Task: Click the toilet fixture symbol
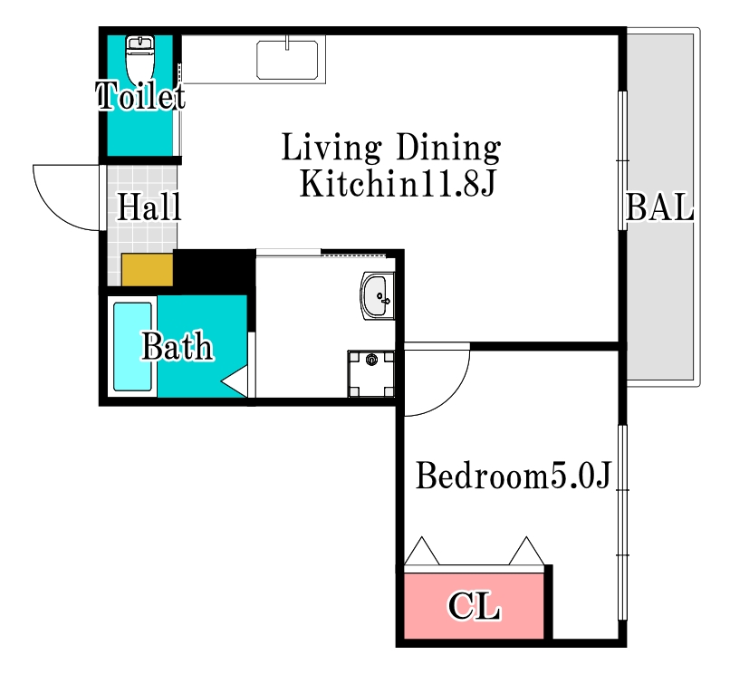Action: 139,60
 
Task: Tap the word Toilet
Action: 140,96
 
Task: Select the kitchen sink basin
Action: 287,60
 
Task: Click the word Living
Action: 331,148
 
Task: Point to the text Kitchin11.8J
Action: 397,184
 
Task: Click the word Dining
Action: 448,148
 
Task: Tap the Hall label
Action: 149,207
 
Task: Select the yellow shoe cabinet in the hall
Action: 148,270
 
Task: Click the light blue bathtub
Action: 132,347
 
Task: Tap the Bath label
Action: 177,347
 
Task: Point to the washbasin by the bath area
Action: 378,296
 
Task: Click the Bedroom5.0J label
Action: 513,476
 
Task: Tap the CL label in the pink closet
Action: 474,606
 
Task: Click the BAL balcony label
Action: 659,207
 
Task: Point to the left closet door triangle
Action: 421,552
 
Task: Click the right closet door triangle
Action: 526,552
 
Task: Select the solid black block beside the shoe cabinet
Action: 214,271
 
